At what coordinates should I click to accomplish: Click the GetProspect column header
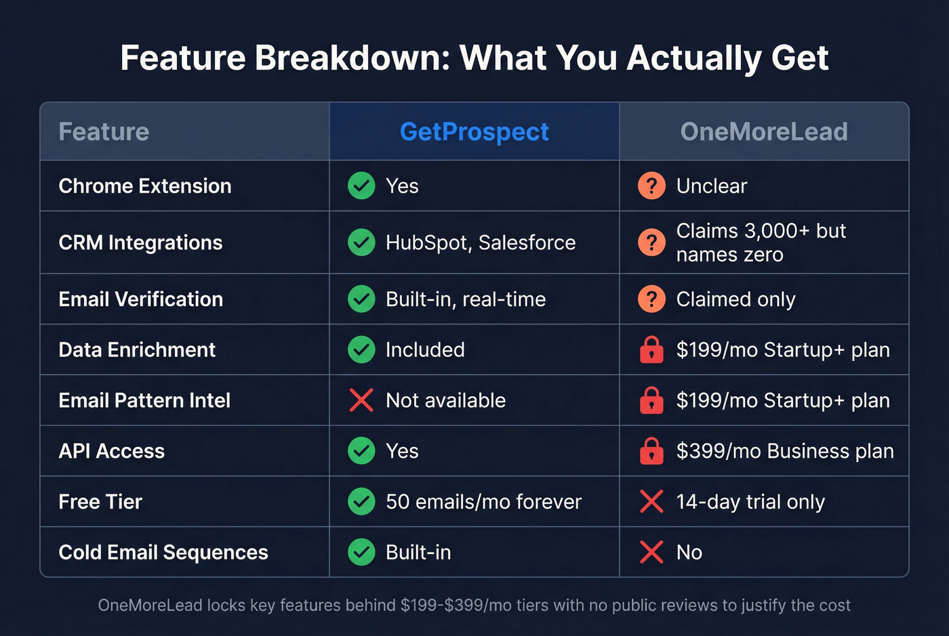click(x=474, y=131)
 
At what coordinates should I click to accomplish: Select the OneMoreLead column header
click(x=763, y=131)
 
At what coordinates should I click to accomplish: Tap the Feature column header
click(x=104, y=131)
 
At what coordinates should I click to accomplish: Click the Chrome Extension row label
click(x=145, y=186)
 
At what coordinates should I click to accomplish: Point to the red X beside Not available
click(x=361, y=400)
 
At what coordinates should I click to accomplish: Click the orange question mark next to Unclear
click(x=651, y=186)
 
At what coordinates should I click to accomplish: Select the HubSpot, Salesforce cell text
click(x=480, y=242)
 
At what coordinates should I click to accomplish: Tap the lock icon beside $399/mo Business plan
click(x=651, y=451)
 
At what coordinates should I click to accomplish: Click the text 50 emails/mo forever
click(x=483, y=502)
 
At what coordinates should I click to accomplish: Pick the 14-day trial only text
click(x=750, y=502)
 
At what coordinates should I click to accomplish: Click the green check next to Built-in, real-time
click(x=361, y=299)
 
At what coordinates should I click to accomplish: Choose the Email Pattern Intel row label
click(x=144, y=400)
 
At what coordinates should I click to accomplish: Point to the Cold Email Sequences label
click(x=163, y=553)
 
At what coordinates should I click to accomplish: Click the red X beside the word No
click(x=651, y=553)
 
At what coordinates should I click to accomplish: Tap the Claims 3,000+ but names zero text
click(x=761, y=242)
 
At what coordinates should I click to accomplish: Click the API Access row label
click(x=112, y=451)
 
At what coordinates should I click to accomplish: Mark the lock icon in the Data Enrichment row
click(x=651, y=350)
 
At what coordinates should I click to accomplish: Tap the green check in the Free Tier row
click(x=361, y=502)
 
